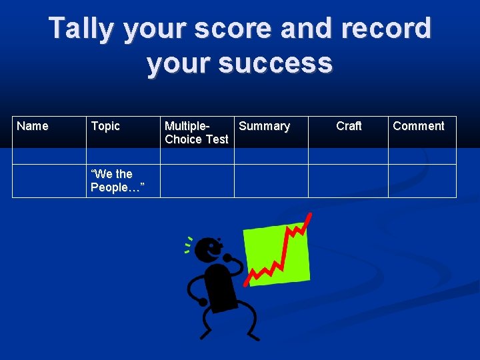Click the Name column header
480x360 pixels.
point(33,126)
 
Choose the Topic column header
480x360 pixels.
point(105,126)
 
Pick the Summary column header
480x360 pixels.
point(264,126)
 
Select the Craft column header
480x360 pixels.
point(349,126)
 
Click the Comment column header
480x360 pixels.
point(419,126)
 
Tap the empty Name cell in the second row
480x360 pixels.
point(49,181)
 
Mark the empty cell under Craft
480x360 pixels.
point(348,181)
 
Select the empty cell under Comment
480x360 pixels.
point(422,181)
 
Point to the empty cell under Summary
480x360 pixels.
point(271,181)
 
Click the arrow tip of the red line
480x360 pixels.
point(309,215)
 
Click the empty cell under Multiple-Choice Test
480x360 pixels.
point(197,181)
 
